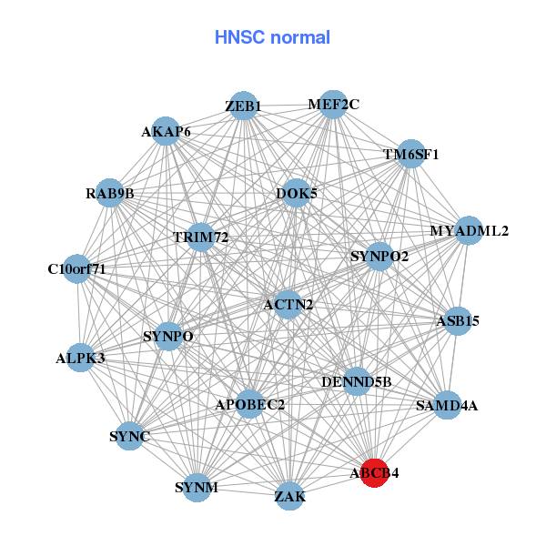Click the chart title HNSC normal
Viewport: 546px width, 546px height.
(272, 37)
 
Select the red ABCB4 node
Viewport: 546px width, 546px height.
(375, 473)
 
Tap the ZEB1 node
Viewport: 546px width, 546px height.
(243, 106)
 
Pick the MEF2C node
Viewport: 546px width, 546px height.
(333, 104)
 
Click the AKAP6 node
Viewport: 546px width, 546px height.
(166, 131)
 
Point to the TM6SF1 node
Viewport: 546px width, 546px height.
(411, 154)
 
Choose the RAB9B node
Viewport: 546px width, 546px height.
(110, 193)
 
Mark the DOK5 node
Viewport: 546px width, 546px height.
(297, 193)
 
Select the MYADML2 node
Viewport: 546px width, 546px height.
(469, 230)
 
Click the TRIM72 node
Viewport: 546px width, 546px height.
(200, 238)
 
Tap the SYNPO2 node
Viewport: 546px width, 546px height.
(379, 257)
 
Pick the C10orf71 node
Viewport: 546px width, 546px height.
(77, 269)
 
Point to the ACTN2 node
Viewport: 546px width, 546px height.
(288, 304)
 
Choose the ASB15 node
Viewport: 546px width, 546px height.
(457, 320)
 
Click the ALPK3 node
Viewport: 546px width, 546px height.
(80, 358)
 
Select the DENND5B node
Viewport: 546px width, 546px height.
(357, 382)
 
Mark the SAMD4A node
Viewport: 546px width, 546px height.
(446, 405)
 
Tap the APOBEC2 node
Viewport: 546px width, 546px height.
(250, 404)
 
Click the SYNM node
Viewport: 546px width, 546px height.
(197, 488)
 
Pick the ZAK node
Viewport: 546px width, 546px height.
(290, 496)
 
